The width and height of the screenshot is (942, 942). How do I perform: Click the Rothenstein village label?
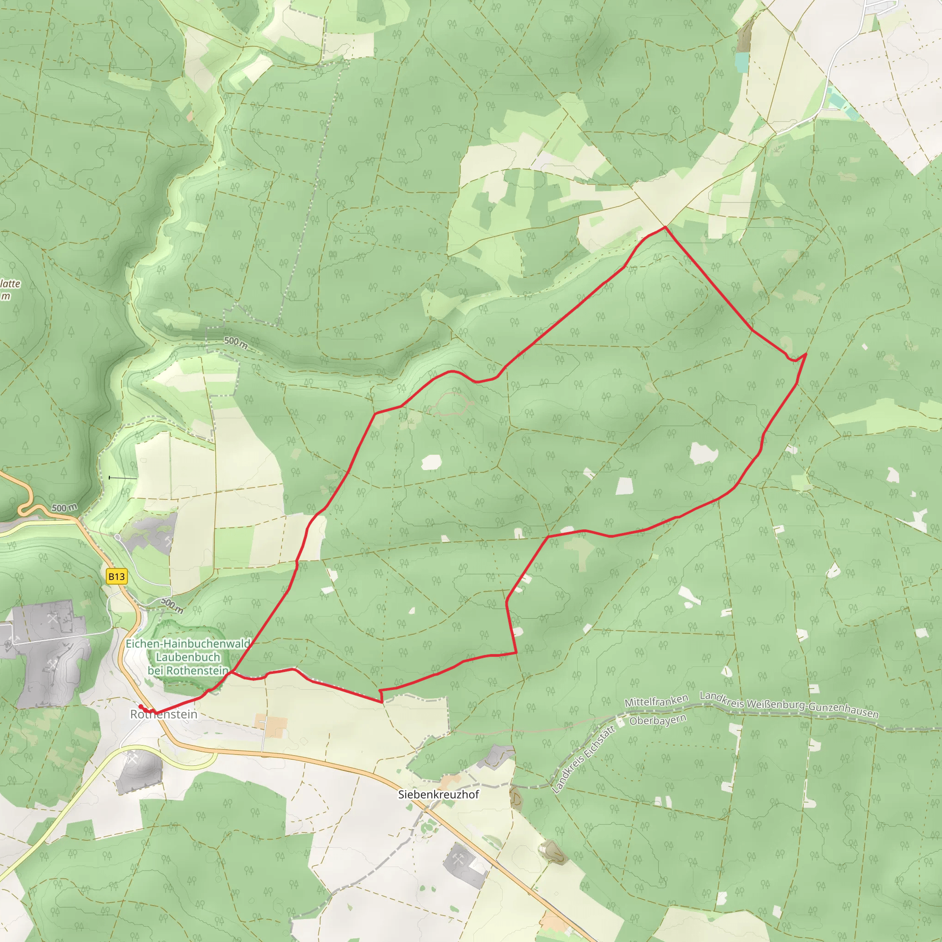point(164,714)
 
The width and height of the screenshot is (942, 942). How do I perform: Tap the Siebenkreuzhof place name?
point(438,794)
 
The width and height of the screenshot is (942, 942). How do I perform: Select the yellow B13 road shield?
point(116,577)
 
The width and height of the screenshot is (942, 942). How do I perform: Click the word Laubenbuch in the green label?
point(188,657)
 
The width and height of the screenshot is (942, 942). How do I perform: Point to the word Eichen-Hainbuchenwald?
point(188,643)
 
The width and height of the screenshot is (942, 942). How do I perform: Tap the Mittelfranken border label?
point(656,701)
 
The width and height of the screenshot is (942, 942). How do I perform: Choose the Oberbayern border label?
point(658,720)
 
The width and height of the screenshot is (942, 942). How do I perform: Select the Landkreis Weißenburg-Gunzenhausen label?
point(789,705)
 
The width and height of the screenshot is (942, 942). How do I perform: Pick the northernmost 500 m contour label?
point(236,343)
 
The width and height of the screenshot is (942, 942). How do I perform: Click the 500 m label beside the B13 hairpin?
point(64,508)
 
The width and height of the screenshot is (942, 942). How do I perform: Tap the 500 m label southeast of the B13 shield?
point(172,605)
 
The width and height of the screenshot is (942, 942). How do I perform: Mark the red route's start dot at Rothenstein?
point(140,706)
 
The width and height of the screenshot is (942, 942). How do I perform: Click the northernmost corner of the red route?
point(665,227)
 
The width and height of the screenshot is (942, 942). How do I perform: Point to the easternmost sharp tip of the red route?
point(805,354)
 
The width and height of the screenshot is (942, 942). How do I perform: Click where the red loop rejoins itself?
point(233,672)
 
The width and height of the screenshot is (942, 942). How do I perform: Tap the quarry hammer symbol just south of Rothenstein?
point(132,758)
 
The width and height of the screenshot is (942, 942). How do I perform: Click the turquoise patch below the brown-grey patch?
point(741,63)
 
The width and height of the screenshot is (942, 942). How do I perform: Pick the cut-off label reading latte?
point(10,284)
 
